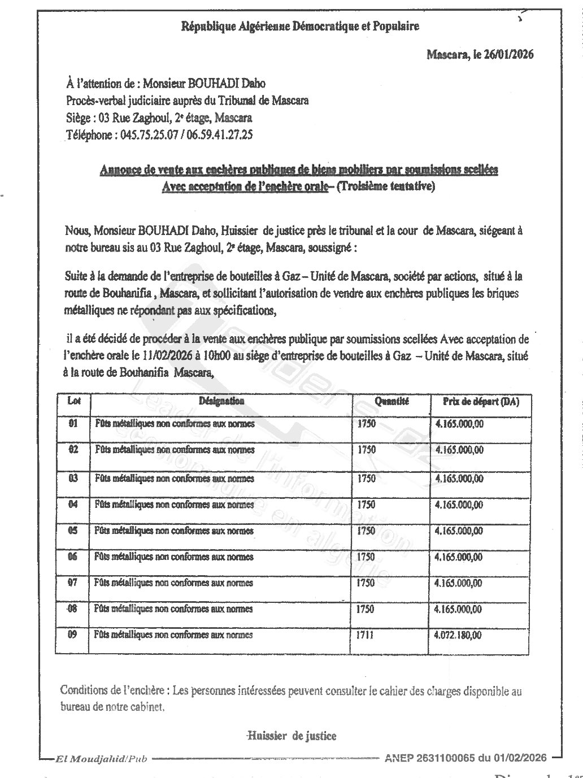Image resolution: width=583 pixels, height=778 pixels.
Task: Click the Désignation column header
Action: (221, 401)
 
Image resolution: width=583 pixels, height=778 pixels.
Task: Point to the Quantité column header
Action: (391, 401)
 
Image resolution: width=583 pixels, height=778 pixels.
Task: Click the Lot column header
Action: (73, 401)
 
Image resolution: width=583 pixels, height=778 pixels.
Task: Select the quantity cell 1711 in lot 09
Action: (366, 635)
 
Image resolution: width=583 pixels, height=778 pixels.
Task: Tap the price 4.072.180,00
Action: (458, 635)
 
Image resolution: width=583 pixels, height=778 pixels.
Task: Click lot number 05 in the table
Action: (73, 531)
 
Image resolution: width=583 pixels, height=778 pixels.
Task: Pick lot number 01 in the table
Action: (73, 423)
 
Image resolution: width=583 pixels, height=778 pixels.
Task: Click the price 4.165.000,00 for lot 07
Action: (459, 583)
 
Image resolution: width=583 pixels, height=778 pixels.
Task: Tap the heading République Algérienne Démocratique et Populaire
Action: (299, 26)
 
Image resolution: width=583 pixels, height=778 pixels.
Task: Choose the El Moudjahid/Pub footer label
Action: (101, 758)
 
